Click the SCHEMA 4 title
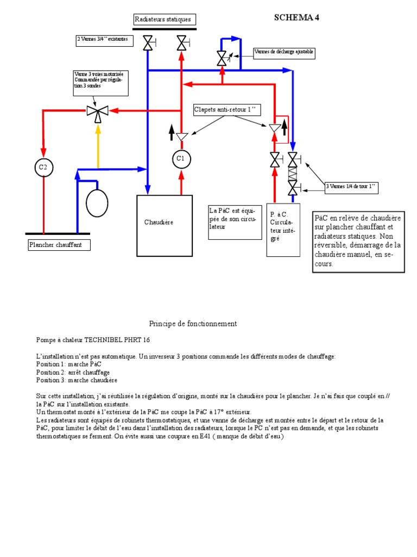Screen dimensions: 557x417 click(x=296, y=17)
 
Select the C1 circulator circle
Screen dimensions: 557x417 click(x=181, y=159)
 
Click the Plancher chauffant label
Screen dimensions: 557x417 click(x=59, y=245)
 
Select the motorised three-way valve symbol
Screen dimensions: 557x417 click(x=98, y=112)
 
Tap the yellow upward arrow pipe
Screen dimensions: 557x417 click(x=98, y=147)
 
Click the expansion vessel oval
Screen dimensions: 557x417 click(x=97, y=202)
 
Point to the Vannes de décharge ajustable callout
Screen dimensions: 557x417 click(x=284, y=52)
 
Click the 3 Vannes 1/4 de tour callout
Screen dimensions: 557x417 click(x=351, y=188)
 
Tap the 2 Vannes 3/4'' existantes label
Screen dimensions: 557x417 click(x=104, y=40)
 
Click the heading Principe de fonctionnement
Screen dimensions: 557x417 click(x=193, y=324)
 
